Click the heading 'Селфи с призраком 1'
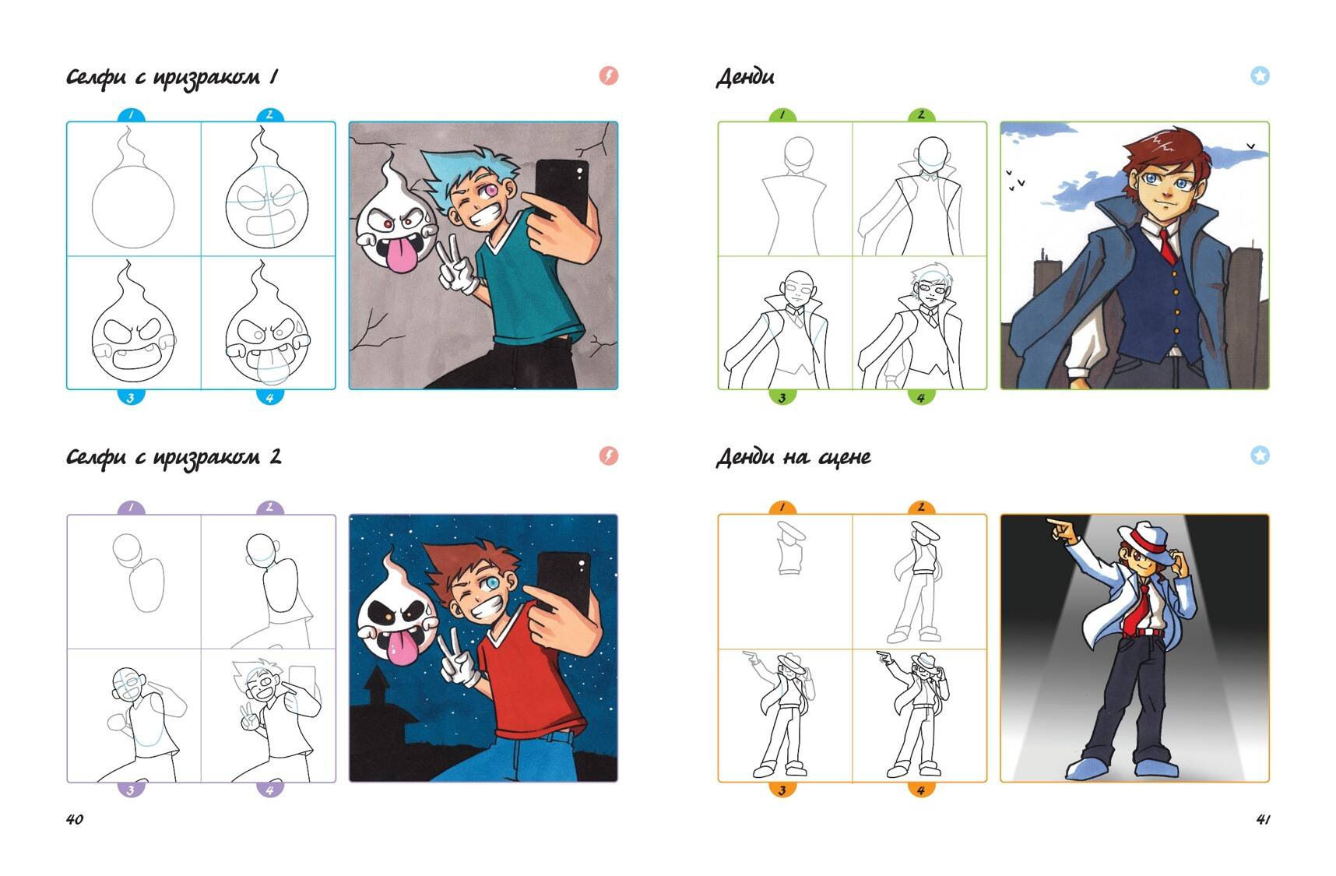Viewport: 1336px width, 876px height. [x=172, y=77]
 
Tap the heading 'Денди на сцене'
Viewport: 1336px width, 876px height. [x=793, y=457]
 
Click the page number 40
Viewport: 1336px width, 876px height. [x=75, y=818]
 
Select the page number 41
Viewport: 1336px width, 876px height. [x=1263, y=818]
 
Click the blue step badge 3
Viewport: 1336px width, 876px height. [x=131, y=397]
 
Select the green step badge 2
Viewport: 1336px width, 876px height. [x=921, y=114]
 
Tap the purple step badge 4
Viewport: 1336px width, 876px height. [x=269, y=790]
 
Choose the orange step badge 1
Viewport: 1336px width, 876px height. [x=782, y=507]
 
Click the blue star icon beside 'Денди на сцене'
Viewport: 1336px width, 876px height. [x=1260, y=456]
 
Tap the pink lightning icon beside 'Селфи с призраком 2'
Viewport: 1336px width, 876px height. [x=609, y=456]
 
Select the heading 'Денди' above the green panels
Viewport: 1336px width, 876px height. [x=745, y=77]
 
